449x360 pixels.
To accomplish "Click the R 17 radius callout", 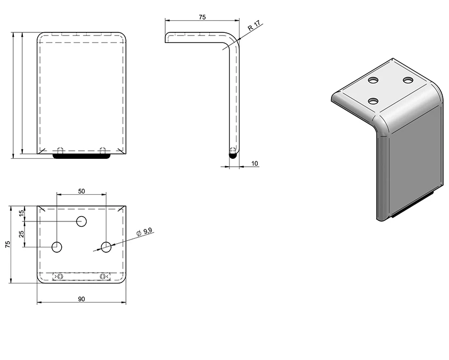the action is [x=255, y=25].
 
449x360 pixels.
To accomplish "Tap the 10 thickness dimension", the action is [x=255, y=164].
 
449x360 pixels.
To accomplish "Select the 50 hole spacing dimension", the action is [x=82, y=191].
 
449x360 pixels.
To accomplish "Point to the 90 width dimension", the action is [x=82, y=299].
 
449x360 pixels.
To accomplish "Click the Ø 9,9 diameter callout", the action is [x=145, y=232].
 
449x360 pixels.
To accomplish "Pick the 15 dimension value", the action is [x=21, y=213].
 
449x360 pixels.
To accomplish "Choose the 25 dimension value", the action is [x=21, y=234].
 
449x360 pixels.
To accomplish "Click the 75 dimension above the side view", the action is [x=202, y=17].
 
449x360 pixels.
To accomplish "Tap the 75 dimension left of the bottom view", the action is [x=8, y=244].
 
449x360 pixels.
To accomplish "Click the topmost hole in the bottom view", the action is [x=82, y=221].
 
